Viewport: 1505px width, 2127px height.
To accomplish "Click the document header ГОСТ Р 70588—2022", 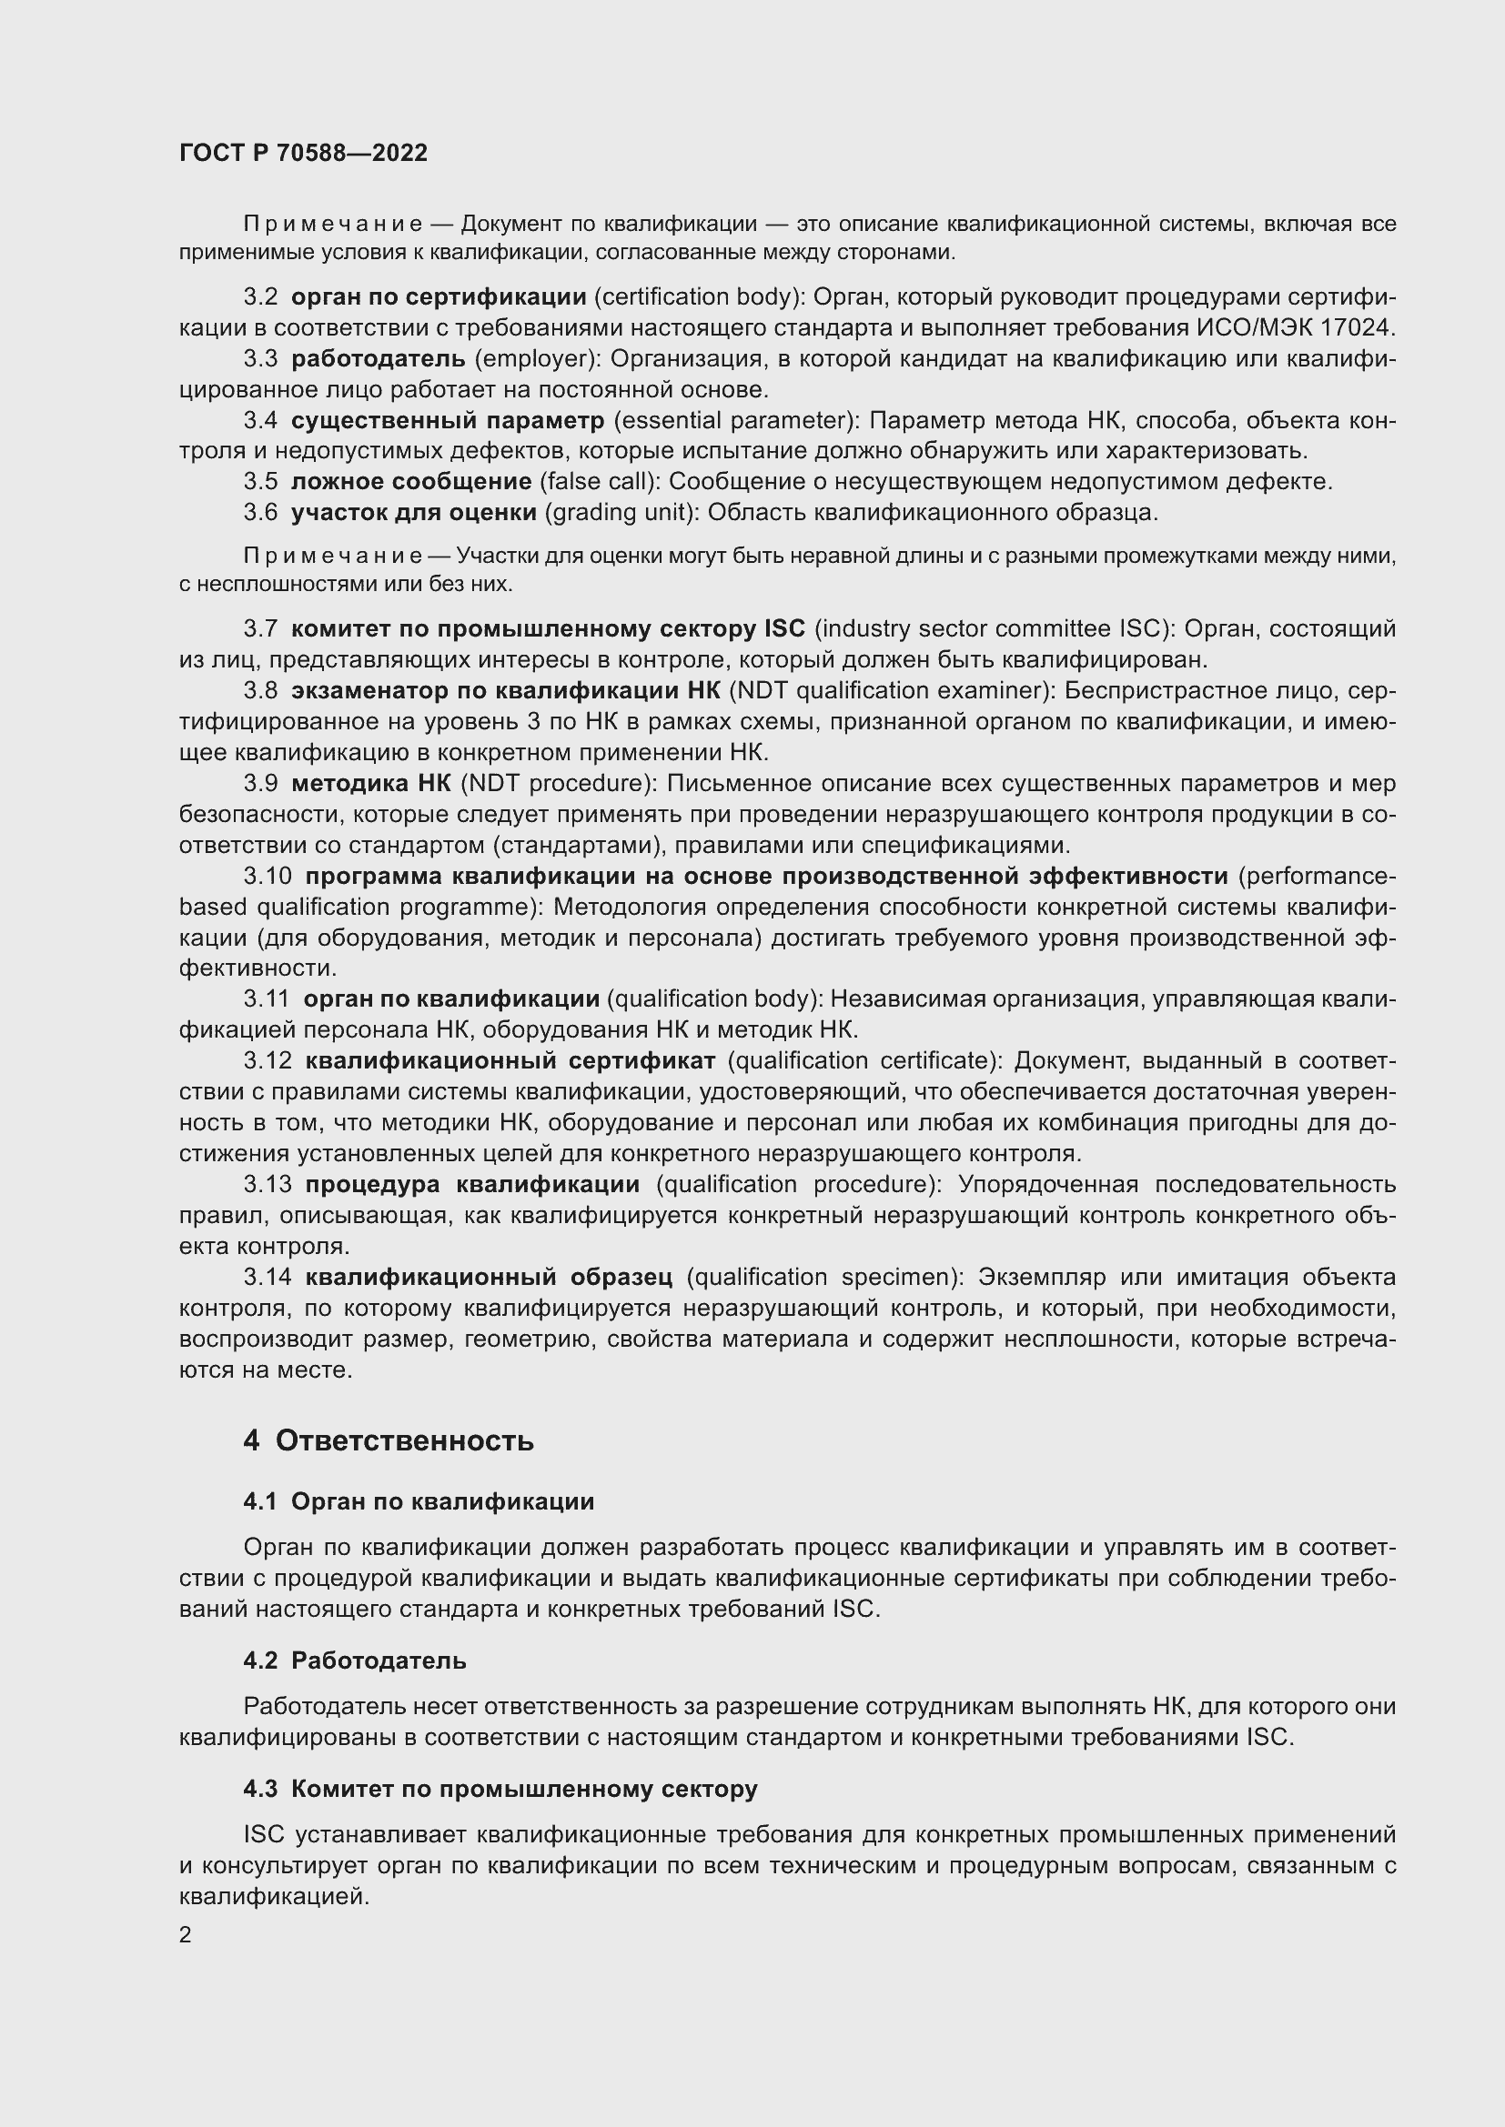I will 303,154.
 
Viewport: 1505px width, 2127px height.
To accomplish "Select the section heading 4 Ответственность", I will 389,1440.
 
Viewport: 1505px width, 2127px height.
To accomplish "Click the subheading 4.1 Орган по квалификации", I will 419,1501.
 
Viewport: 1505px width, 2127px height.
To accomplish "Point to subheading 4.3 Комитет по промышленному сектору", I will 500,1789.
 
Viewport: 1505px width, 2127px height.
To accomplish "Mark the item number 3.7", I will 260,629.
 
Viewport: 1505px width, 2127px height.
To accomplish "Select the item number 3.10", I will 268,877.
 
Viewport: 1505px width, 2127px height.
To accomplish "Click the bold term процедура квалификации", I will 472,1185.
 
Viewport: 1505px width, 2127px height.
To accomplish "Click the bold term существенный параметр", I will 447,421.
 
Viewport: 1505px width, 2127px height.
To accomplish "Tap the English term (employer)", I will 537,358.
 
